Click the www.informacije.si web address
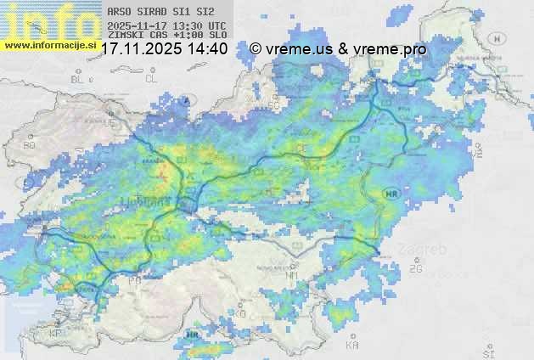49,45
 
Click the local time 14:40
208,49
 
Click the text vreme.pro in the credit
393,49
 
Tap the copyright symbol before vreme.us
256,49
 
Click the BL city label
78,79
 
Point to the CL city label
151,79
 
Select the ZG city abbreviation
415,269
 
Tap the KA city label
352,346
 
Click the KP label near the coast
56,334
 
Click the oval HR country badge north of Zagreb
391,194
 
